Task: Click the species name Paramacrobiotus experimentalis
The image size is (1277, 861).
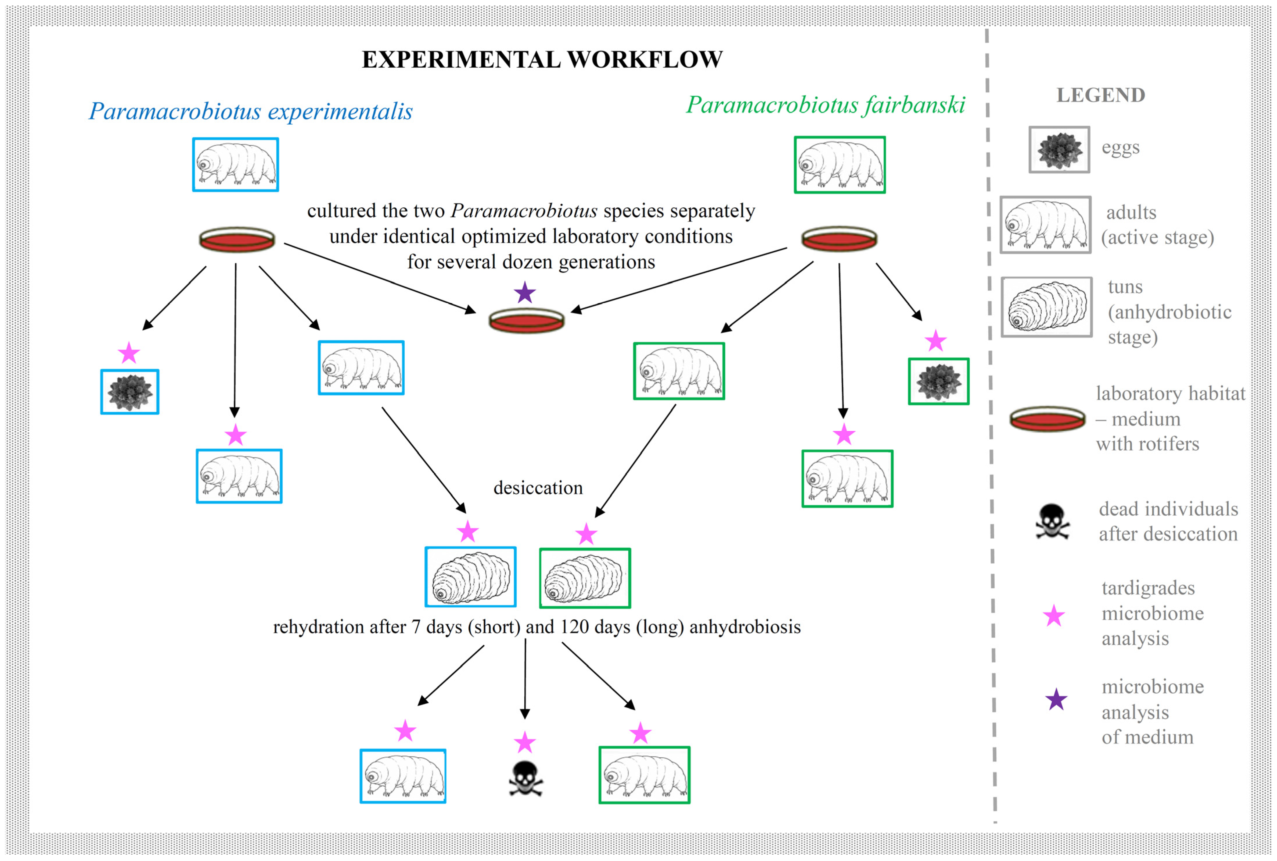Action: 250,112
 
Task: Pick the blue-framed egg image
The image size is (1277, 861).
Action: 130,391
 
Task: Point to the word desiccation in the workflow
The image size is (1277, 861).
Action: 538,488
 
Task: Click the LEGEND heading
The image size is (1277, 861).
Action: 1101,95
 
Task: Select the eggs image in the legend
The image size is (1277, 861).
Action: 1059,149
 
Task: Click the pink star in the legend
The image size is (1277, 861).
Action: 1053,616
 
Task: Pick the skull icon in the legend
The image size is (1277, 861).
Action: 1052,522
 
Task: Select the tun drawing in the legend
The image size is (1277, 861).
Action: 1046,306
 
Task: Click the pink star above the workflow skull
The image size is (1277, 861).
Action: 525,743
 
